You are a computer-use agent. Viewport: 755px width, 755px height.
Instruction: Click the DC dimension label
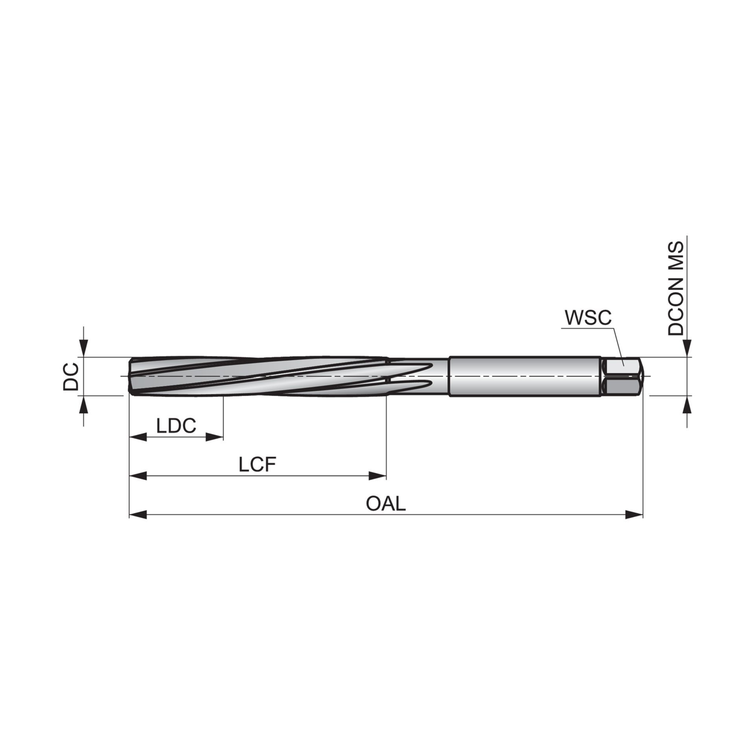coord(71,376)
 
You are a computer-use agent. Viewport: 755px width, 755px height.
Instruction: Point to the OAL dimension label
coord(385,504)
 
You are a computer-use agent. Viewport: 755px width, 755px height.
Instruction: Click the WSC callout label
coord(588,318)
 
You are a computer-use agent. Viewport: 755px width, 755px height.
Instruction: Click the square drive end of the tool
coord(622,376)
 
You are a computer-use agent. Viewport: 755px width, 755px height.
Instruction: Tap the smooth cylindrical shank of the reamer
coord(525,376)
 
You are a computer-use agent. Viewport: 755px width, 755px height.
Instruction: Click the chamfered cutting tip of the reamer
coord(132,376)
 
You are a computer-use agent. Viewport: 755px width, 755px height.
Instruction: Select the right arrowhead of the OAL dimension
coord(634,515)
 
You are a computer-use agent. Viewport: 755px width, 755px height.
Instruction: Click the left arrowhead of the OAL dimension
coord(138,515)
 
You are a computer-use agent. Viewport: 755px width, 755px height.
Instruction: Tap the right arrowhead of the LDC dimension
coord(215,437)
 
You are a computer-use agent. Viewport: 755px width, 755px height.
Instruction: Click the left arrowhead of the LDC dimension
coord(138,437)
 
